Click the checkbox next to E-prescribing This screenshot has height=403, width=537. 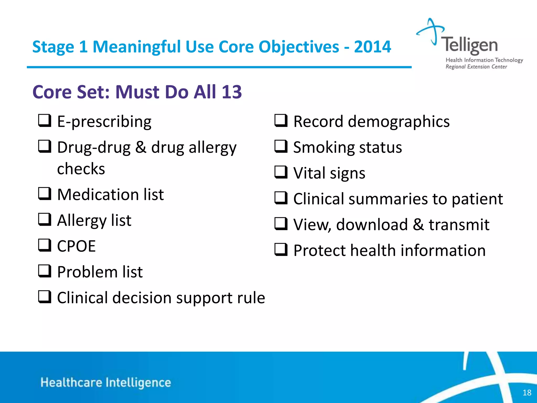45,121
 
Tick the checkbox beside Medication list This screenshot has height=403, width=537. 45,194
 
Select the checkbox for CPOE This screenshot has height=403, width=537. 45,245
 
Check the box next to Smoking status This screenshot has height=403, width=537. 281,146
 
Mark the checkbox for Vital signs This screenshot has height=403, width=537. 281,172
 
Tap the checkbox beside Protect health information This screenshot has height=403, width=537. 281,250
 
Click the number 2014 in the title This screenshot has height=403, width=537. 372,47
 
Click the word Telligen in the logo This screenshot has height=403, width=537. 469,45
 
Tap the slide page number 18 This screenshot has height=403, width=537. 527,393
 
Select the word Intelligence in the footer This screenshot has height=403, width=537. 138,383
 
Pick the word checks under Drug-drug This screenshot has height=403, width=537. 81,169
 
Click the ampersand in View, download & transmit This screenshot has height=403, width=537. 418,225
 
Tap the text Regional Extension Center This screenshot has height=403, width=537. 476,67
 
